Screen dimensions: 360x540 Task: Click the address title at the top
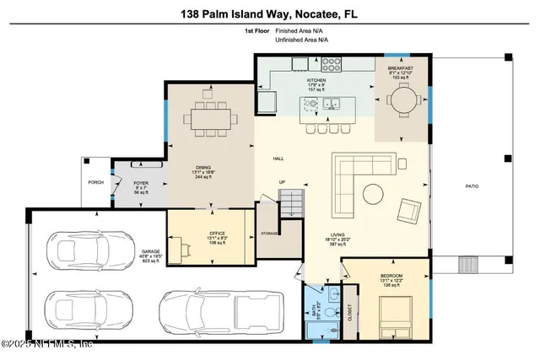(x=269, y=13)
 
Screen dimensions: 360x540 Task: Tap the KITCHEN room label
(x=316, y=80)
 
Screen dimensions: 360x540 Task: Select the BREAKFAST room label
(x=400, y=67)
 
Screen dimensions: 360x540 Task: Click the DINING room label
(x=203, y=168)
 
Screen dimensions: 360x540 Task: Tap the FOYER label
(x=140, y=181)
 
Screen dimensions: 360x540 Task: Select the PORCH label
(x=96, y=182)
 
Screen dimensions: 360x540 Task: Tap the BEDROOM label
(x=391, y=276)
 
